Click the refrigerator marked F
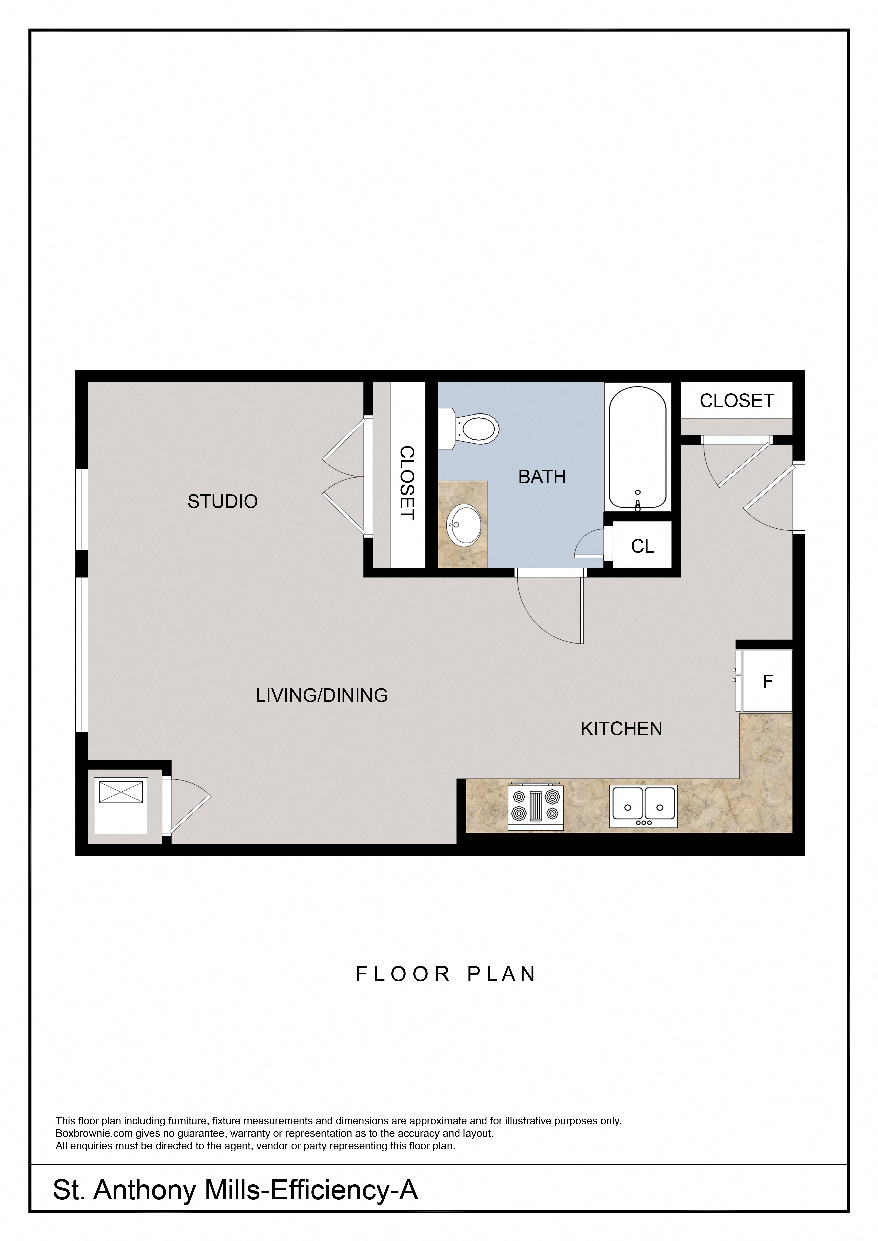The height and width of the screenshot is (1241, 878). click(767, 682)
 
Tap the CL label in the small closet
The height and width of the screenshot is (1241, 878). click(642, 546)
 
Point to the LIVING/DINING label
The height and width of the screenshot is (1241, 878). click(322, 695)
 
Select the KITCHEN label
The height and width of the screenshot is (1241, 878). click(621, 729)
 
